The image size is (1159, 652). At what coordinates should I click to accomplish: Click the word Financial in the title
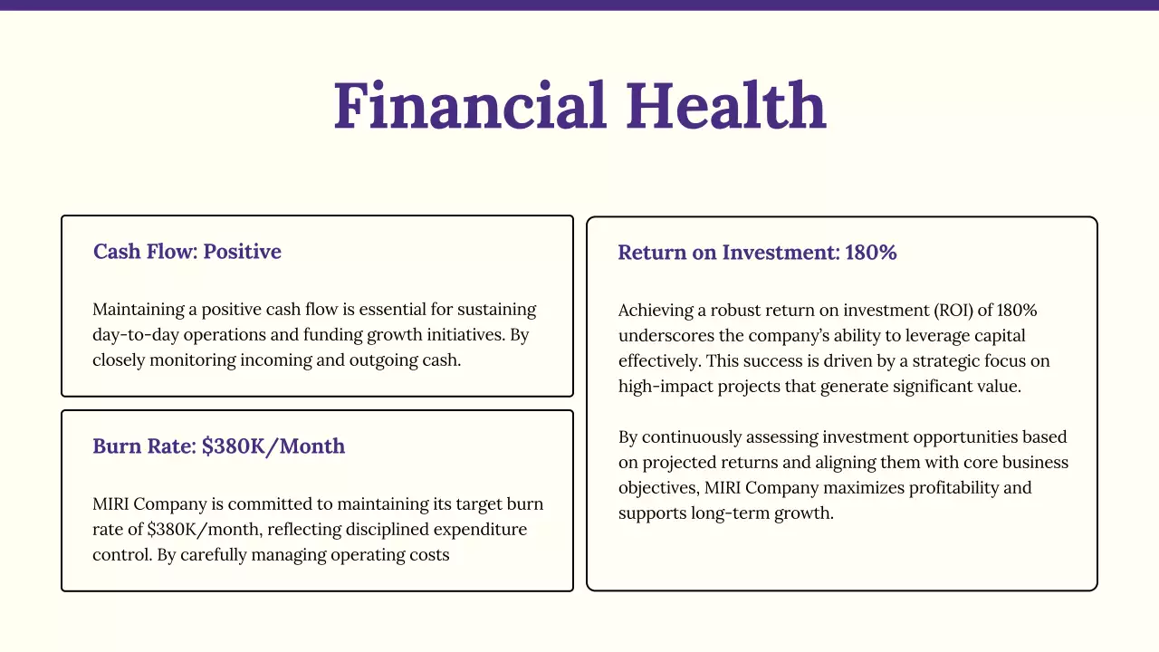pos(470,107)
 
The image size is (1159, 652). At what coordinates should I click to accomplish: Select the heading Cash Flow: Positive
pos(187,252)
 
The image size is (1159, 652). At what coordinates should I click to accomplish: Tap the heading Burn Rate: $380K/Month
pos(218,446)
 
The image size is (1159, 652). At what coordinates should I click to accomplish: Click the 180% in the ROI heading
pos(870,253)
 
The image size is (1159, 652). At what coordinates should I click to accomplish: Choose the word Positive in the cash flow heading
pos(242,252)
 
